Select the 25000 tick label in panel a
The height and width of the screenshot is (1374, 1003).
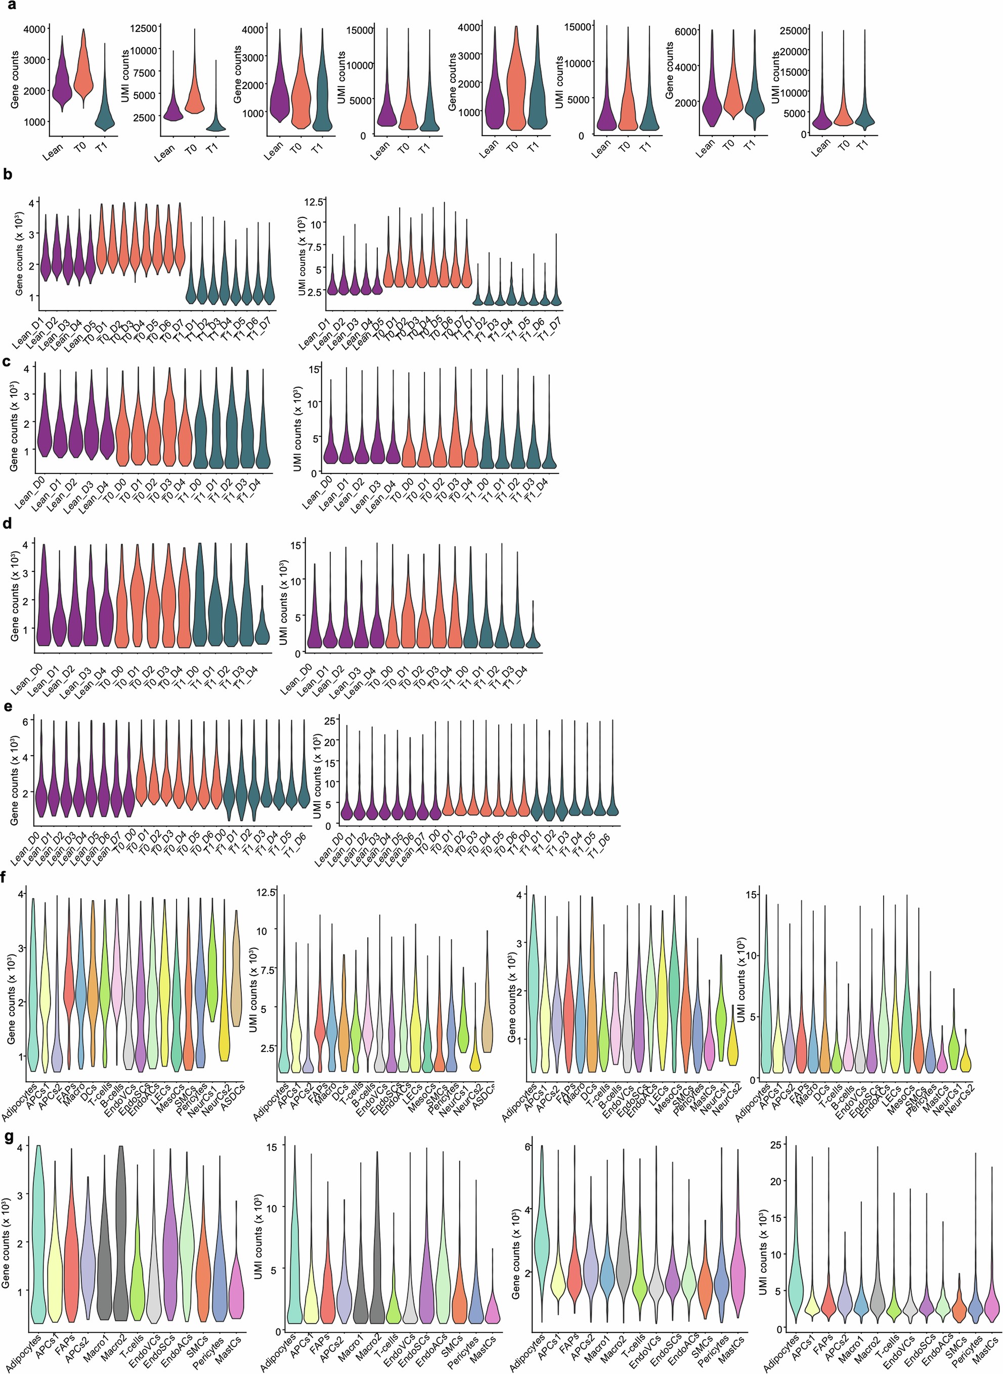(x=795, y=30)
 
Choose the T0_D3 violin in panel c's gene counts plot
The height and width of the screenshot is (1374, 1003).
(x=170, y=425)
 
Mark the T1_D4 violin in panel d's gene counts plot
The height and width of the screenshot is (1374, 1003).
(x=261, y=631)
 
